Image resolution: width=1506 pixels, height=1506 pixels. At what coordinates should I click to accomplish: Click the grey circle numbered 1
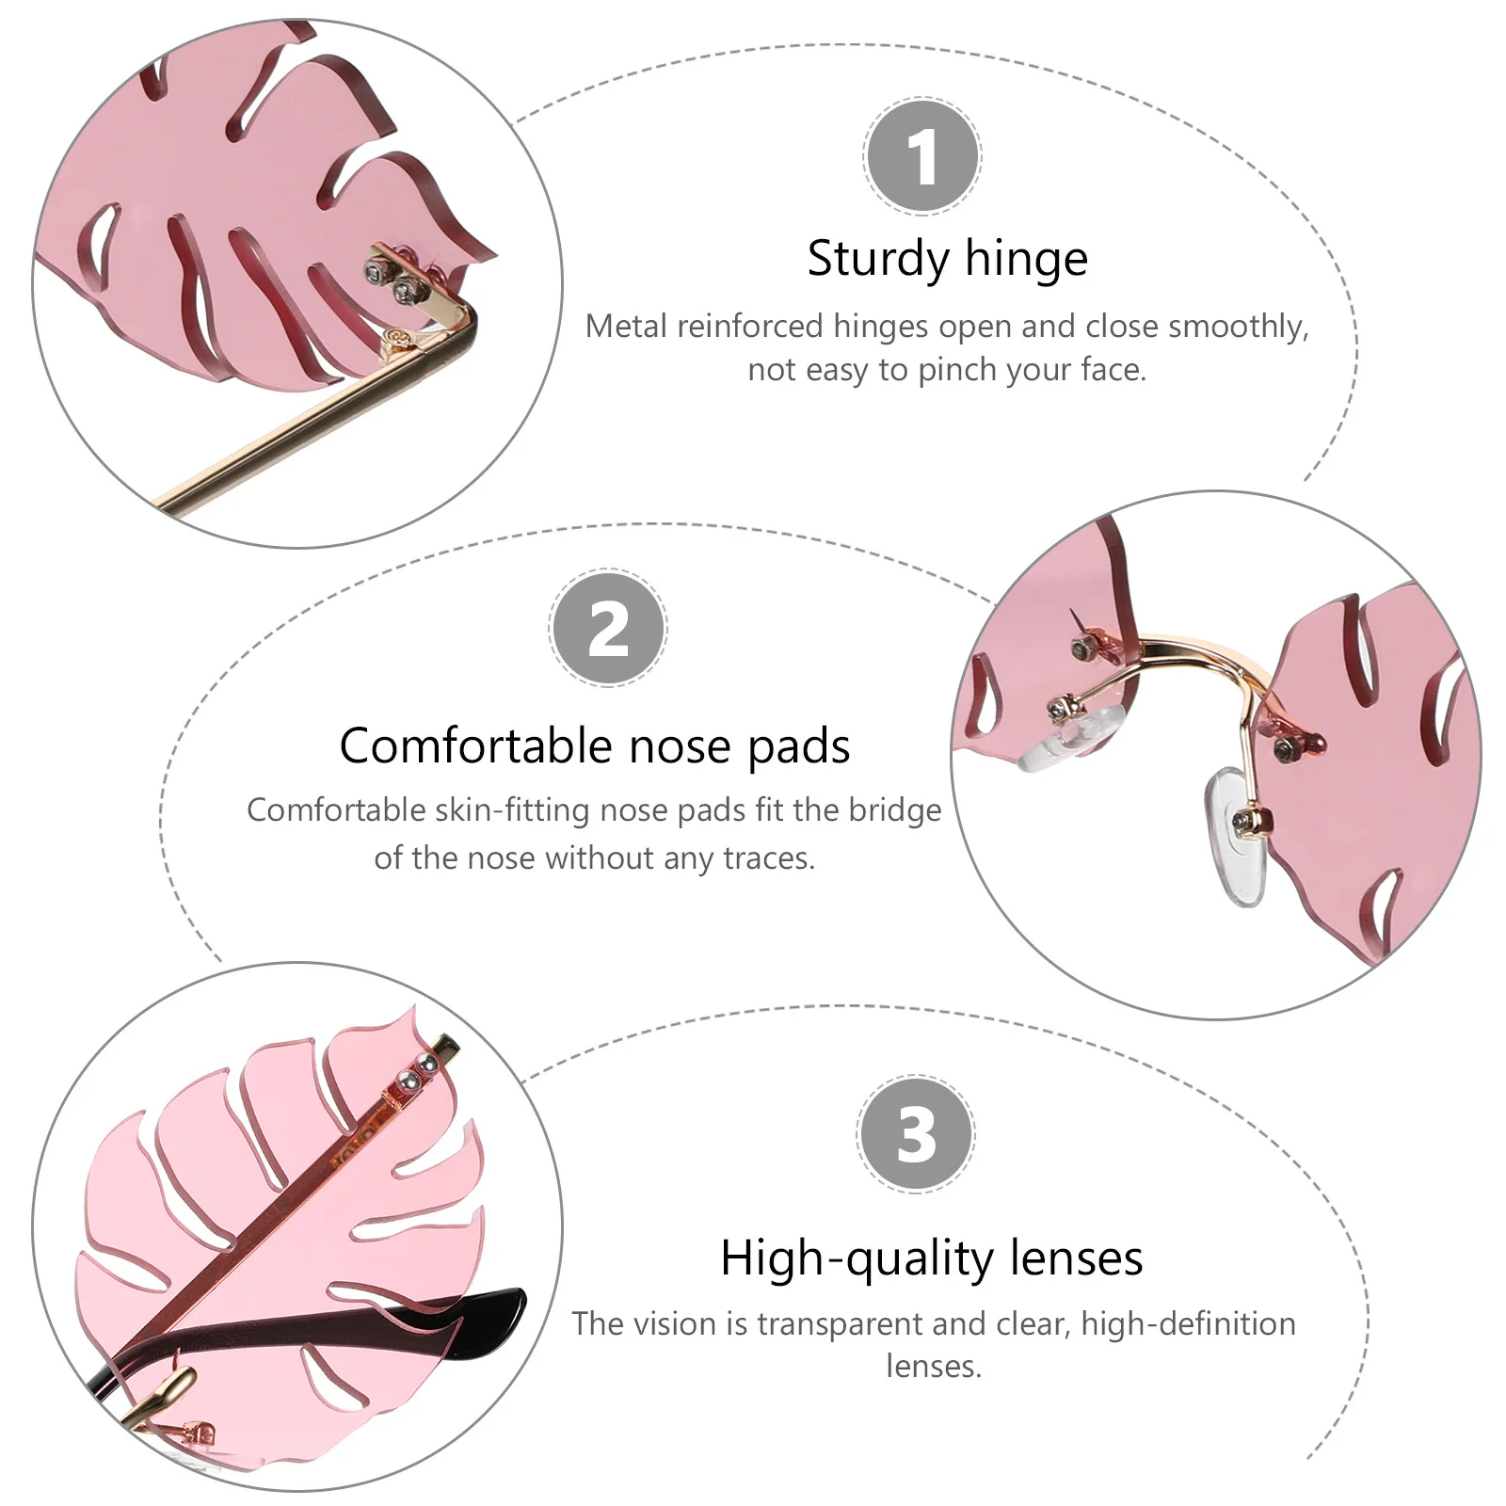(921, 157)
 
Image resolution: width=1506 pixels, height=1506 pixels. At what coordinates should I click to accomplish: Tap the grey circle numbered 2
(608, 629)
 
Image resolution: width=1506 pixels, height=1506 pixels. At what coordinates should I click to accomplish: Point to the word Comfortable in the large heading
(475, 746)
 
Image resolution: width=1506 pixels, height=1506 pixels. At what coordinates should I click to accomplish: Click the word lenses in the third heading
(1077, 1258)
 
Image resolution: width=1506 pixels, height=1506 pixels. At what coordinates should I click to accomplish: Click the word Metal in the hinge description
(626, 327)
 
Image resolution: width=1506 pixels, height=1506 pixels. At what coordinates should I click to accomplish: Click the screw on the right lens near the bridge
(1284, 748)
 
